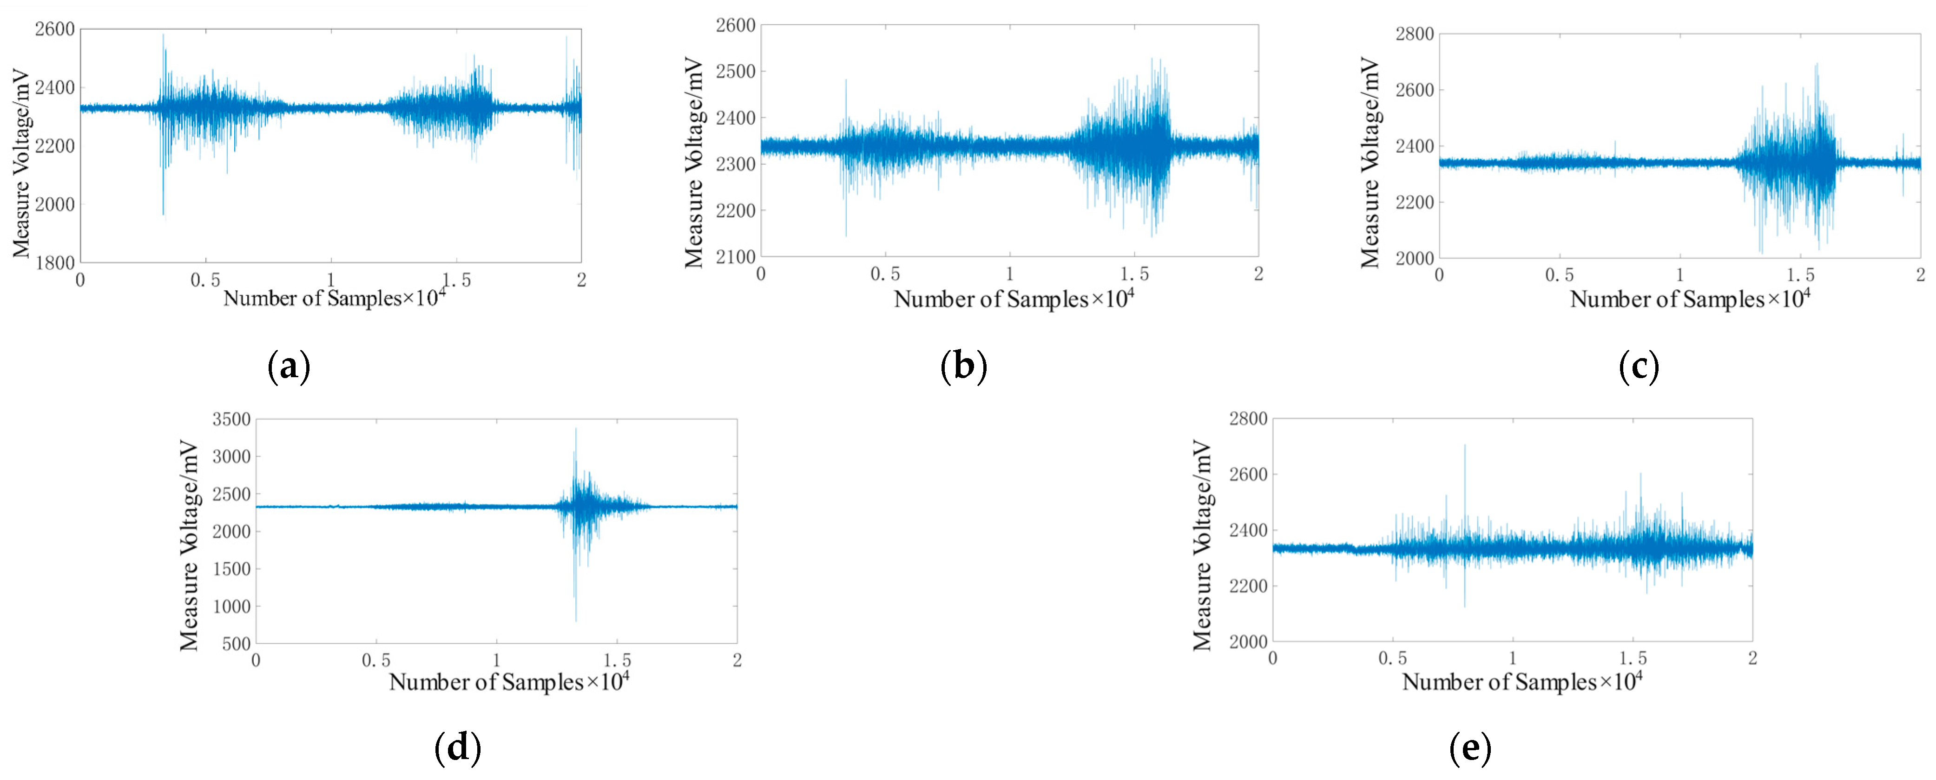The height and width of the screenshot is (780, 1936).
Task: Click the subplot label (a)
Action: click(289, 367)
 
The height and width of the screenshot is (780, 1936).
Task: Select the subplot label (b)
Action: click(963, 367)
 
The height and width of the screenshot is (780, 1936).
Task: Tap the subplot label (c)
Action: click(1639, 367)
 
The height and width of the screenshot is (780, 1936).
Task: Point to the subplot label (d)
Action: click(458, 747)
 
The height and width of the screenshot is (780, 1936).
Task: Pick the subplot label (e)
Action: click(1470, 747)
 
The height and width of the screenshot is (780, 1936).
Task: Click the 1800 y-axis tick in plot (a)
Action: click(55, 262)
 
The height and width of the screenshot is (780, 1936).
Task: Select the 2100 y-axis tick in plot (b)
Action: click(736, 256)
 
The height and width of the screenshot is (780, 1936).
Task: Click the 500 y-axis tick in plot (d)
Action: click(237, 643)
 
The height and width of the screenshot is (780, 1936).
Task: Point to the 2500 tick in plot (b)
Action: click(736, 72)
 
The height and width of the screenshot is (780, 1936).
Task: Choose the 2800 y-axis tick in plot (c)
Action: click(1415, 34)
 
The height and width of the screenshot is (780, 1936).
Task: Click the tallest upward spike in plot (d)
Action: click(576, 429)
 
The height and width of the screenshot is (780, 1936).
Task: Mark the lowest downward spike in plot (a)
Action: click(163, 215)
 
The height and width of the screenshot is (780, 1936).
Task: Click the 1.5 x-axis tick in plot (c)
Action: click(1800, 275)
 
